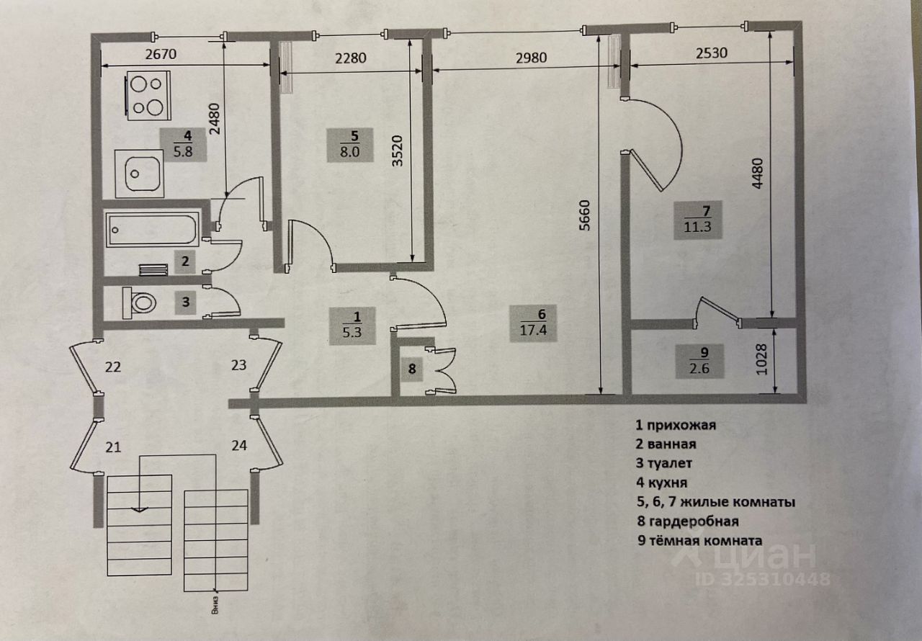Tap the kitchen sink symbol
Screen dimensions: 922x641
coord(138,173)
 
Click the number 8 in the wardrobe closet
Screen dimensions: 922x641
coord(412,370)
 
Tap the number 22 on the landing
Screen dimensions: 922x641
coord(112,367)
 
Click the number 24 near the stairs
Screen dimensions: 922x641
coord(239,446)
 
